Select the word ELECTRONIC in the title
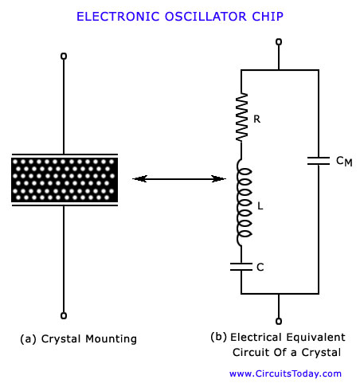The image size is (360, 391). point(118,17)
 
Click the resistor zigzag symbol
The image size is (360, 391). point(241,117)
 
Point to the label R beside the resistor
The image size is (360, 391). point(256,119)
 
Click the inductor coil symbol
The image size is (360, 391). point(244,203)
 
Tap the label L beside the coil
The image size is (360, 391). point(260,205)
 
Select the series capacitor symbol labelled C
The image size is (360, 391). point(241,267)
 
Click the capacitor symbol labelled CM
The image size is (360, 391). point(319,161)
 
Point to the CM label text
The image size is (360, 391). point(344,161)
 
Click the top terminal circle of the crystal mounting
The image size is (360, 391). point(64,57)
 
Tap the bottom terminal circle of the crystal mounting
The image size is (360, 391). point(64,315)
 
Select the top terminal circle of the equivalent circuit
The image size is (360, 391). point(279,42)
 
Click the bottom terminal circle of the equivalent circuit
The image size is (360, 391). point(279,321)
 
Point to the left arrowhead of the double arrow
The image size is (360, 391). point(139,178)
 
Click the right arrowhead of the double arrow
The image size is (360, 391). point(219,178)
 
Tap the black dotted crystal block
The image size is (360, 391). point(65,180)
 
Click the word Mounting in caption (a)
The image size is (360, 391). point(111,339)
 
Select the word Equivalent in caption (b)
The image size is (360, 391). point(316,338)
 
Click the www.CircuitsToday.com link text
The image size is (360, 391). point(285,373)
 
